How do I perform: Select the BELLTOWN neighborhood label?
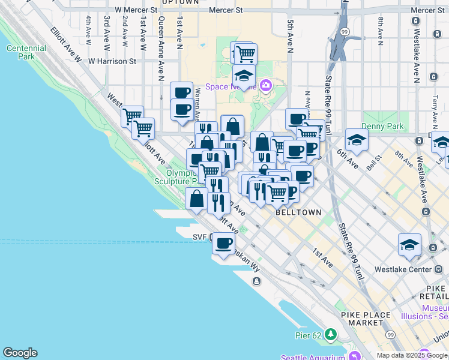click(298, 212)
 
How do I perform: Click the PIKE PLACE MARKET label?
click(366, 319)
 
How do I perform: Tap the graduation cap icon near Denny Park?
click(357, 140)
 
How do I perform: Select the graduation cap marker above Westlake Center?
click(409, 245)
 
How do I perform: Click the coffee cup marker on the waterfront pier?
click(224, 244)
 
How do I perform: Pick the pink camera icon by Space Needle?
click(265, 86)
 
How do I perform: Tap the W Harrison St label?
click(112, 61)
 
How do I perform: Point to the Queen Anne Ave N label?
click(161, 48)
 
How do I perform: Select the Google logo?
click(20, 353)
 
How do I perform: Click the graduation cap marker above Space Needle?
click(244, 76)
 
